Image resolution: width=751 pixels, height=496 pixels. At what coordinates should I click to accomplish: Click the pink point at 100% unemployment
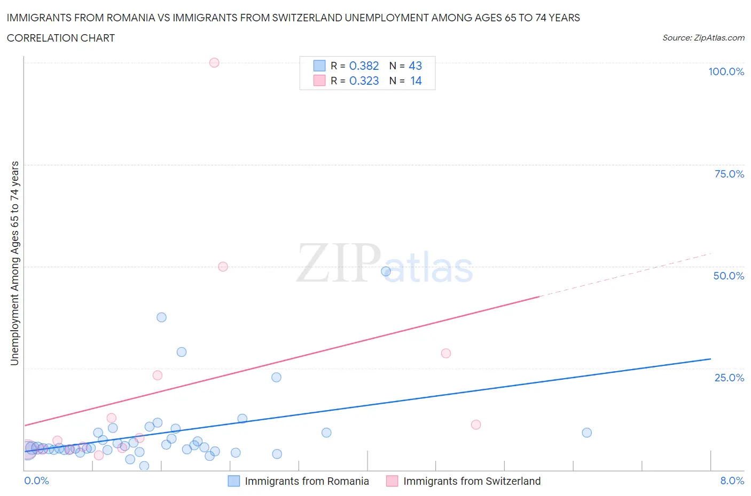[x=214, y=62]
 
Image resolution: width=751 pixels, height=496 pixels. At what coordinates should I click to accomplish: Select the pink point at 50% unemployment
[x=223, y=267]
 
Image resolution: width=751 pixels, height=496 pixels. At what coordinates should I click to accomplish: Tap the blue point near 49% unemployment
[x=386, y=271]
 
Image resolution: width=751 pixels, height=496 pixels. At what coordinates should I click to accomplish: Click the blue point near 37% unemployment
[x=161, y=317]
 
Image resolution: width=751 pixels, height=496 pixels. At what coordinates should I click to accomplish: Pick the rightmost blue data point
[x=587, y=433]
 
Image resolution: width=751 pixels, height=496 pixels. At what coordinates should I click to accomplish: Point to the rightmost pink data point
[x=476, y=425]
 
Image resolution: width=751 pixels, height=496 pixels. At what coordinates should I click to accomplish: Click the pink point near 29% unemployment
[x=446, y=353]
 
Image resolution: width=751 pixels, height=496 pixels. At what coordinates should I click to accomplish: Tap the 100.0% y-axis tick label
[x=726, y=71]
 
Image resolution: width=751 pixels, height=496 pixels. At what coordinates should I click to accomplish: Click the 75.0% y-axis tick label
[x=729, y=174]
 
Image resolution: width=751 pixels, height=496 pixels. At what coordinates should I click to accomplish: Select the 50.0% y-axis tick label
[x=729, y=276]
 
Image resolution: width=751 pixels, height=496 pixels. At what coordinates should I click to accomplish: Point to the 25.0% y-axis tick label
[x=729, y=378]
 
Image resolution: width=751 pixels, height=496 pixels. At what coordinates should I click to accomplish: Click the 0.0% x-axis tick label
[x=37, y=481]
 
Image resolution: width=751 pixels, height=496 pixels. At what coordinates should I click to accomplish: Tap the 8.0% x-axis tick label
[x=732, y=481]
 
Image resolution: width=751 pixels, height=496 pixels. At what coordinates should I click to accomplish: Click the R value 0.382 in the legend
[x=364, y=66]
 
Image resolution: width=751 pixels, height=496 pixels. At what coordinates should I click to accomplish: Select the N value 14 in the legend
[x=416, y=81]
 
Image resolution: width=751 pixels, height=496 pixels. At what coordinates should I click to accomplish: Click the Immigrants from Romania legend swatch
[x=234, y=481]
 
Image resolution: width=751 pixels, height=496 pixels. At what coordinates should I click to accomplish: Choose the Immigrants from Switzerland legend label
[x=472, y=481]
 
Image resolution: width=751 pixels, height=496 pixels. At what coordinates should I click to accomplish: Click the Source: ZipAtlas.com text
[x=703, y=37]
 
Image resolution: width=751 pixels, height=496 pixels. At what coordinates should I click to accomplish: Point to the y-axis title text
[x=14, y=263]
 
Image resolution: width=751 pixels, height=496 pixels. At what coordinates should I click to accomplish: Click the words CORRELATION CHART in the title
[x=61, y=38]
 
